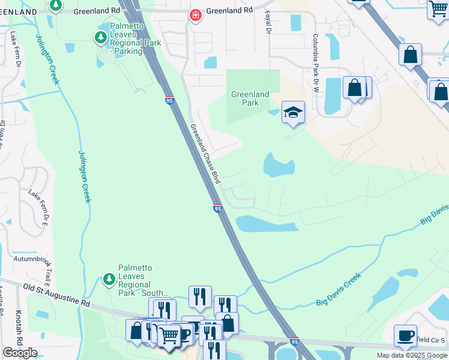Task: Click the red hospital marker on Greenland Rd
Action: click(195, 16)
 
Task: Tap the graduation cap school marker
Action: click(293, 112)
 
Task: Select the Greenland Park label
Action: click(250, 98)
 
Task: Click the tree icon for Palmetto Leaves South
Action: click(109, 279)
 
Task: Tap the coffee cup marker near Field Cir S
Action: click(405, 335)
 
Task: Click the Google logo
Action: click(20, 353)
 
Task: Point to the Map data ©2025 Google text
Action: click(411, 355)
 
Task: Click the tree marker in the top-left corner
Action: click(55, 5)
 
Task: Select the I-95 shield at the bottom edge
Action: click(294, 341)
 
